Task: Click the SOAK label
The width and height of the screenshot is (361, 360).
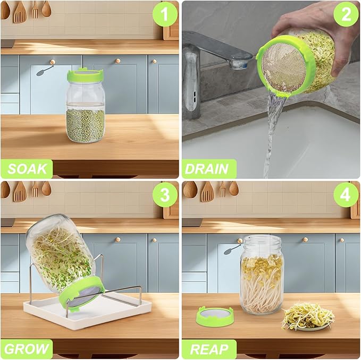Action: coord(27,169)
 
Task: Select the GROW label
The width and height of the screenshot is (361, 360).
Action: coord(27,349)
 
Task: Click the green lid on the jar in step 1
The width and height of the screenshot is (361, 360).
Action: coord(85,75)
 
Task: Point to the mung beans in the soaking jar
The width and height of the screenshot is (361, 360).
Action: coord(85,125)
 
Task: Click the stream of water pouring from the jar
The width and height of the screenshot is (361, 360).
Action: coord(272,127)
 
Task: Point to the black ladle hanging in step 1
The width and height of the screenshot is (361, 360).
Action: coord(45,69)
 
